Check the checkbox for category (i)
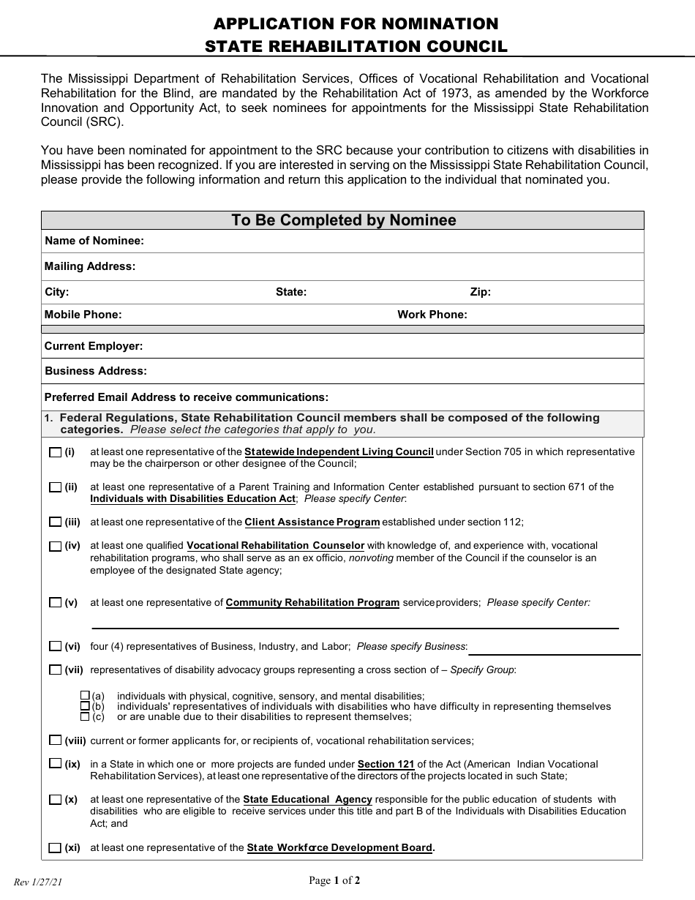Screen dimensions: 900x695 [55, 452]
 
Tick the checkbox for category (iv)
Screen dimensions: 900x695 [55, 546]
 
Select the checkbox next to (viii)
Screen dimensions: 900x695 [55, 740]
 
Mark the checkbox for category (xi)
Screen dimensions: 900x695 [55, 848]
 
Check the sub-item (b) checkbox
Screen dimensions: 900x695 [85, 706]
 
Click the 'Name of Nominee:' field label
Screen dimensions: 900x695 [94, 241]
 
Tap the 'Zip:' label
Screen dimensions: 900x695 [480, 292]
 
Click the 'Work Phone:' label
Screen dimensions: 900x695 [432, 315]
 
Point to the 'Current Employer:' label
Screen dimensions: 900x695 [94, 346]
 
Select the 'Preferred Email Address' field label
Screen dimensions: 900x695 [187, 397]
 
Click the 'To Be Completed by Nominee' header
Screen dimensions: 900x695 [343, 220]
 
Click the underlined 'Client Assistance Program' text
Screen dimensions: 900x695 [312, 522]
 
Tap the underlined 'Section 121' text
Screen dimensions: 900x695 [386, 764]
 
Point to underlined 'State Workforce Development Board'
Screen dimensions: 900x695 [339, 848]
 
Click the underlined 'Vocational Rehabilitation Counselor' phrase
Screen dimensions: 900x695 [275, 546]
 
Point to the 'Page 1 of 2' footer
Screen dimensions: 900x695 [334, 880]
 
